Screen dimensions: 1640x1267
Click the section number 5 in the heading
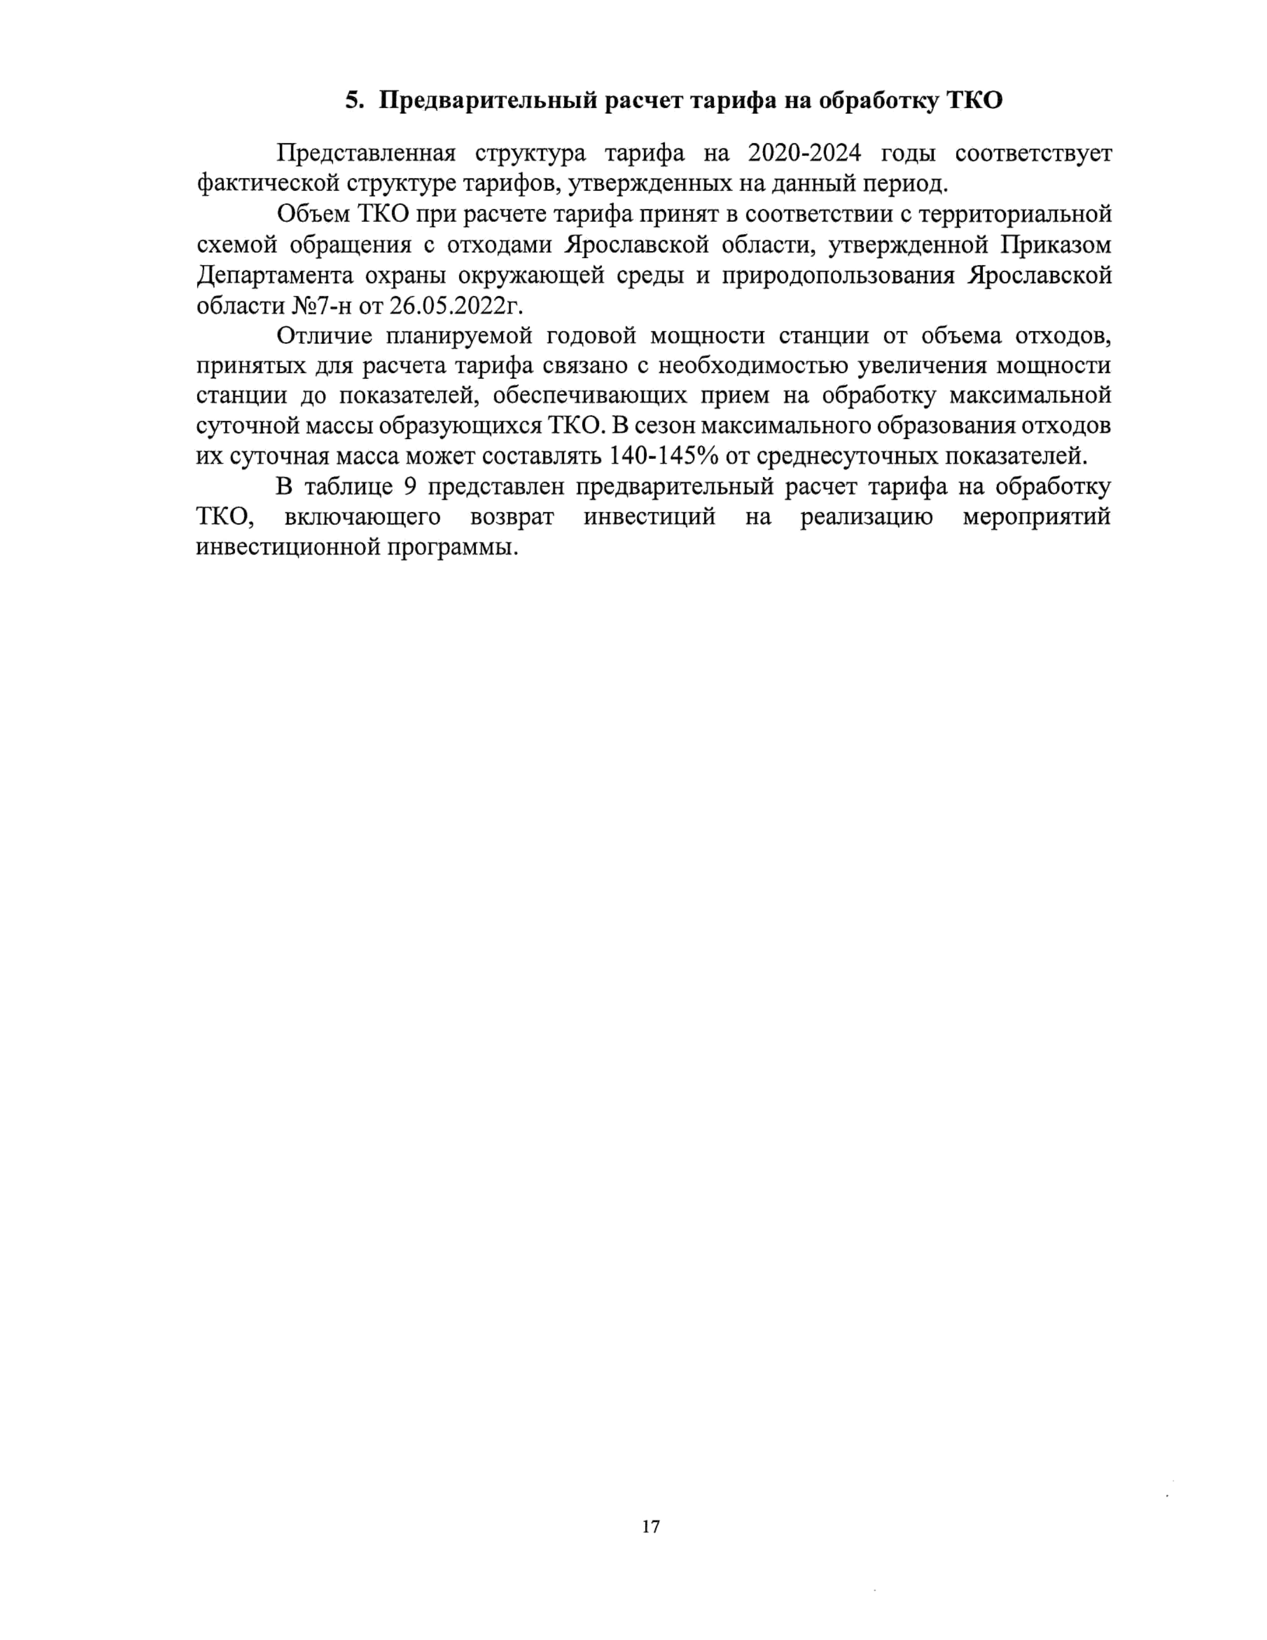pos(353,101)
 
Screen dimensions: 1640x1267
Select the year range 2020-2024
pos(805,153)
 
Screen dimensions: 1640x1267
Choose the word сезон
pos(665,426)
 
